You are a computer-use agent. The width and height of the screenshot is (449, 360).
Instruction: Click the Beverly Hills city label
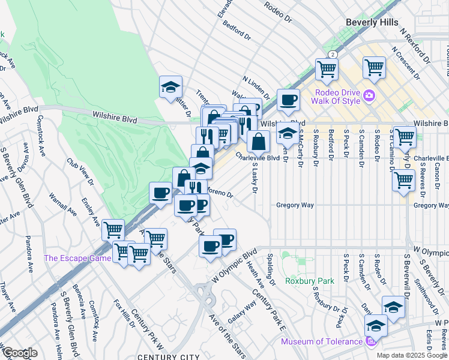click(x=372, y=22)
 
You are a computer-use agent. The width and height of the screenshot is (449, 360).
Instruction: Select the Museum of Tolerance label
click(x=321, y=342)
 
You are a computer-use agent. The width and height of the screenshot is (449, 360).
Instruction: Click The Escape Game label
click(x=77, y=259)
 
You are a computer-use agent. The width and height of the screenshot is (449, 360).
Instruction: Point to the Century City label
click(x=167, y=356)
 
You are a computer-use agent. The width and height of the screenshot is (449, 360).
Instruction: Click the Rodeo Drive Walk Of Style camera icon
click(x=368, y=95)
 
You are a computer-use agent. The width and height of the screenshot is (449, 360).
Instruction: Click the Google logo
click(x=19, y=352)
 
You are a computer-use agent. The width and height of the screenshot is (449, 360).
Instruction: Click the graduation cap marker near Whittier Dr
click(x=170, y=87)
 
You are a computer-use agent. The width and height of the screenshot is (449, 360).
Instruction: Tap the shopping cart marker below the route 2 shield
click(x=327, y=68)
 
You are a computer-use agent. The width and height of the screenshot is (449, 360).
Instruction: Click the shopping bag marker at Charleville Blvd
click(x=258, y=142)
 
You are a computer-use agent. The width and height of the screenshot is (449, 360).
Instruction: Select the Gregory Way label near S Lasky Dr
click(x=295, y=205)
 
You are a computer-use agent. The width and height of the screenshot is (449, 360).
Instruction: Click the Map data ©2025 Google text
click(x=411, y=355)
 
